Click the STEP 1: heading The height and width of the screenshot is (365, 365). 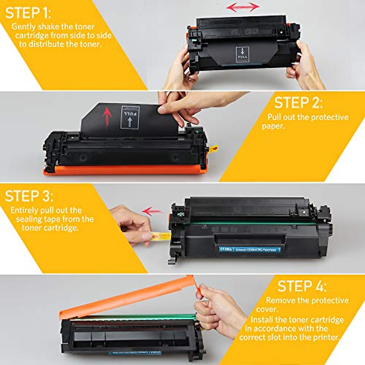28,13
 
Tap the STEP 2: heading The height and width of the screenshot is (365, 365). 298,103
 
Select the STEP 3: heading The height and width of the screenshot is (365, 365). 29,196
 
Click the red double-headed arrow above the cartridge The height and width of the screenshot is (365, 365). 243,7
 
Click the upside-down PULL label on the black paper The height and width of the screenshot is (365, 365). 130,117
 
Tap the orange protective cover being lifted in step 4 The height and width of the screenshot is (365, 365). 128,300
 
